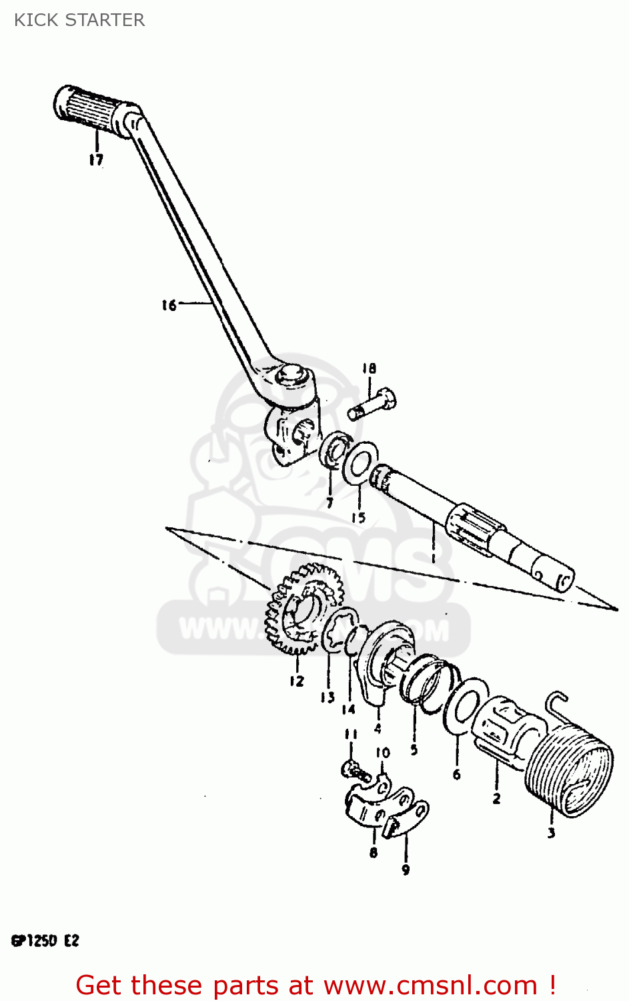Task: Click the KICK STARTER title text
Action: click(x=79, y=20)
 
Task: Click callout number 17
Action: click(x=96, y=159)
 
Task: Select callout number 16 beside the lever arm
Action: click(x=169, y=305)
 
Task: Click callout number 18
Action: click(x=369, y=368)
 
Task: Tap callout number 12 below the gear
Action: click(x=296, y=681)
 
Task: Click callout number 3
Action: click(x=551, y=833)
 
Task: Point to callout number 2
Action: click(x=496, y=798)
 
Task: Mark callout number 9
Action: click(x=406, y=870)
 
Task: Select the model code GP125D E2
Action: click(x=45, y=941)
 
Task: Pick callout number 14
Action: click(x=348, y=709)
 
